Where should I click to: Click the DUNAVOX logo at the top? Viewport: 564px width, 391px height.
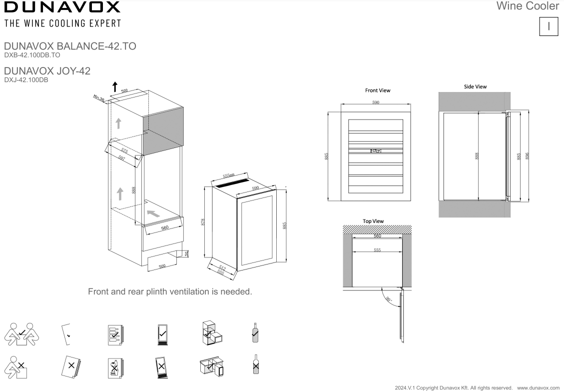click(x=62, y=7)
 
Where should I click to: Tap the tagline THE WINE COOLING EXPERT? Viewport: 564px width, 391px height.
click(x=62, y=23)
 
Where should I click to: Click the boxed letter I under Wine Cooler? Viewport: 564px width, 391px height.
click(x=549, y=26)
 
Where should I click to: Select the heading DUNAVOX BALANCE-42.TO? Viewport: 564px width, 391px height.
click(x=69, y=46)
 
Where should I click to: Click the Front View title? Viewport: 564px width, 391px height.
click(x=378, y=90)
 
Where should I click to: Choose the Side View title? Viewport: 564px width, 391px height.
click(x=475, y=86)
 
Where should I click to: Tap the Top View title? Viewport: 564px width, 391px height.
click(x=373, y=221)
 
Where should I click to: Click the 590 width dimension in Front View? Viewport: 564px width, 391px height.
click(x=376, y=102)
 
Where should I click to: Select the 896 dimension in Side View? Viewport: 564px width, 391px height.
click(x=527, y=155)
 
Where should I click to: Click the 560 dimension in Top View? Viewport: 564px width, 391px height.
click(x=377, y=235)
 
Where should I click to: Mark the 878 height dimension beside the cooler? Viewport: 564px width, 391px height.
click(x=202, y=221)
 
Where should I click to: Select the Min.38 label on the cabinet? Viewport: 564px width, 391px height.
click(x=98, y=98)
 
